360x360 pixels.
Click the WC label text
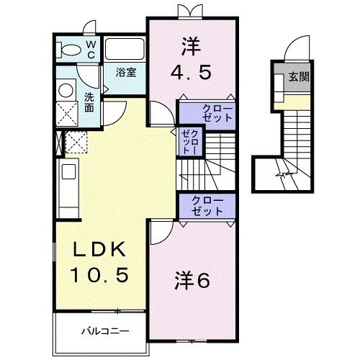(91, 49)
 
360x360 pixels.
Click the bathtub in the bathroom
(126, 50)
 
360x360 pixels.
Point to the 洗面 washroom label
(89, 102)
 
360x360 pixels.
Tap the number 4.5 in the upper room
(191, 73)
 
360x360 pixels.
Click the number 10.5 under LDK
(101, 274)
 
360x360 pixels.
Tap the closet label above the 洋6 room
(207, 205)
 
